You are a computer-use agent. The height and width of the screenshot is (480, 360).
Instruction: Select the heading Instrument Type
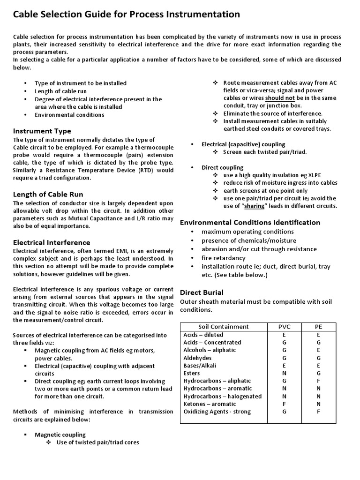[x=42, y=131]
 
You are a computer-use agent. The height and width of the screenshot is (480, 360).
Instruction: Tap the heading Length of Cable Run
[x=48, y=194]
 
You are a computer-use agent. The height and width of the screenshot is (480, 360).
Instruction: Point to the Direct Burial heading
[x=202, y=292]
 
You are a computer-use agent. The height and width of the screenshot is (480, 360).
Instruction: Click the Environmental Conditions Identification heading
[x=250, y=222]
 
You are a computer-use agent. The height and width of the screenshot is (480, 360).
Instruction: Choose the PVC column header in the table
[x=284, y=327]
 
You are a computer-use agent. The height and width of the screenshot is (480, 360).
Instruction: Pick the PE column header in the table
[x=318, y=327]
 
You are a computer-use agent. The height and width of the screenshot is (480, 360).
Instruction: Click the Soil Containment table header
[x=224, y=327]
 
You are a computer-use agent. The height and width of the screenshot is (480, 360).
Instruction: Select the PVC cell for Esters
[x=284, y=373]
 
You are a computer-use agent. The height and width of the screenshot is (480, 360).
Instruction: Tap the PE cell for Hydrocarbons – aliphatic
[x=318, y=381]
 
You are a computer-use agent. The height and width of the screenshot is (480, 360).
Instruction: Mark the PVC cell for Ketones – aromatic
[x=284, y=404]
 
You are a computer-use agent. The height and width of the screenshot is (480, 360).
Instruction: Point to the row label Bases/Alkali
[x=200, y=366]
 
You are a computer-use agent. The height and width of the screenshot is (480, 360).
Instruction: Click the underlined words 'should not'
[x=280, y=98]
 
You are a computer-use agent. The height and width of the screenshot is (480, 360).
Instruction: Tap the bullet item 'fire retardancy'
[x=224, y=258]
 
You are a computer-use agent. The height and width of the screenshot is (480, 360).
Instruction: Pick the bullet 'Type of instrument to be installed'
[x=81, y=83]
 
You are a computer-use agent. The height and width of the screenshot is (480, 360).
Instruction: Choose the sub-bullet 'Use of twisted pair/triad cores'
[x=97, y=442]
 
